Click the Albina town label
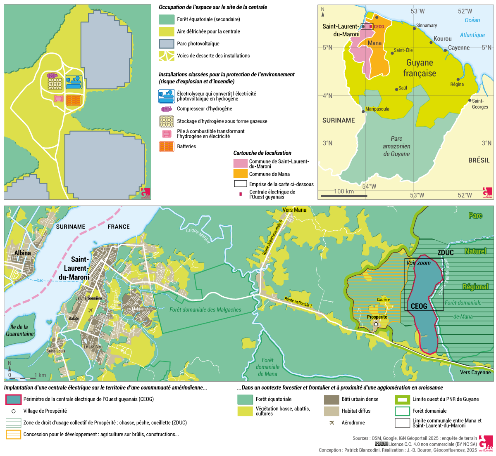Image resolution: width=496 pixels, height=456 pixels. (x=22, y=253)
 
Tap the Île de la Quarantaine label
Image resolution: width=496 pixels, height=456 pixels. (x=19, y=331)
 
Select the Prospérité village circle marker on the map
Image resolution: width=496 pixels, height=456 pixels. (x=376, y=325)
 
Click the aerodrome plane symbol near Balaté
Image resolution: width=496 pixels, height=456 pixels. (x=91, y=310)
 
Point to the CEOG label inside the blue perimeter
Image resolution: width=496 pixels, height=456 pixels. (x=419, y=306)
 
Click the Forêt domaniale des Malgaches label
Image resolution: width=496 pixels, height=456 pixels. (x=205, y=310)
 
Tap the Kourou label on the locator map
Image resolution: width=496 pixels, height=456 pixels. (x=443, y=39)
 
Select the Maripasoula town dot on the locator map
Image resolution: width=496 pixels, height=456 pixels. (x=363, y=111)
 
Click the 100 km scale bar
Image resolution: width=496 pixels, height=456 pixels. (x=344, y=196)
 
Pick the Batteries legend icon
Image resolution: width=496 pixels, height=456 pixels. (x=167, y=146)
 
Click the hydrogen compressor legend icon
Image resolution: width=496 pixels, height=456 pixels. (x=167, y=109)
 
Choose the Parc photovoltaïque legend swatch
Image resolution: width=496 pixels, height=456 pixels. (x=167, y=44)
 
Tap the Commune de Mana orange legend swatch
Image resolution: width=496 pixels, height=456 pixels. (x=240, y=174)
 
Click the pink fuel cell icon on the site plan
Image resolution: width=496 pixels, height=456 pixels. (x=59, y=99)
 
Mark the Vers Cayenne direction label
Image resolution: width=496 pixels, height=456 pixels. (x=475, y=372)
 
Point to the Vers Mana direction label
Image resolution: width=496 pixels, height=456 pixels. (x=294, y=210)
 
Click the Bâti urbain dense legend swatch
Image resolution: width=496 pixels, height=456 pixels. (x=331, y=399)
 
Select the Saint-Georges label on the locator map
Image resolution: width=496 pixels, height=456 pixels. (x=479, y=104)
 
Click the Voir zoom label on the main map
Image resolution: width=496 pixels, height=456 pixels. (x=418, y=263)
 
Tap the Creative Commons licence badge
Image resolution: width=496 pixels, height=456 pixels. (x=381, y=444)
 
